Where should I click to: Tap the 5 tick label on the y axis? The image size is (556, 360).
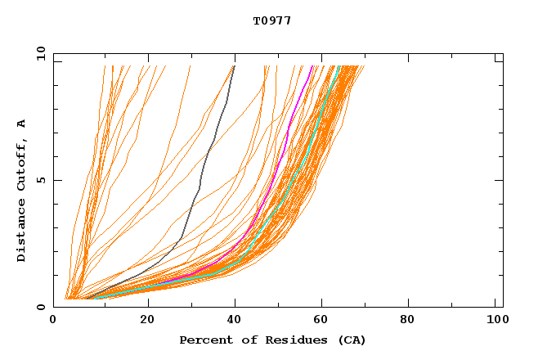pyautogui.click(x=40, y=180)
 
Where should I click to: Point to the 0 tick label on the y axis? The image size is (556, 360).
pyautogui.click(x=40, y=307)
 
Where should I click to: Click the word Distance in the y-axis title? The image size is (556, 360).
pyautogui.click(x=22, y=232)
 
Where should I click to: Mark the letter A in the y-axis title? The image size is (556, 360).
pyautogui.click(x=22, y=123)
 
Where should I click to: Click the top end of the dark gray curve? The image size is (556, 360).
pyautogui.click(x=234, y=66)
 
